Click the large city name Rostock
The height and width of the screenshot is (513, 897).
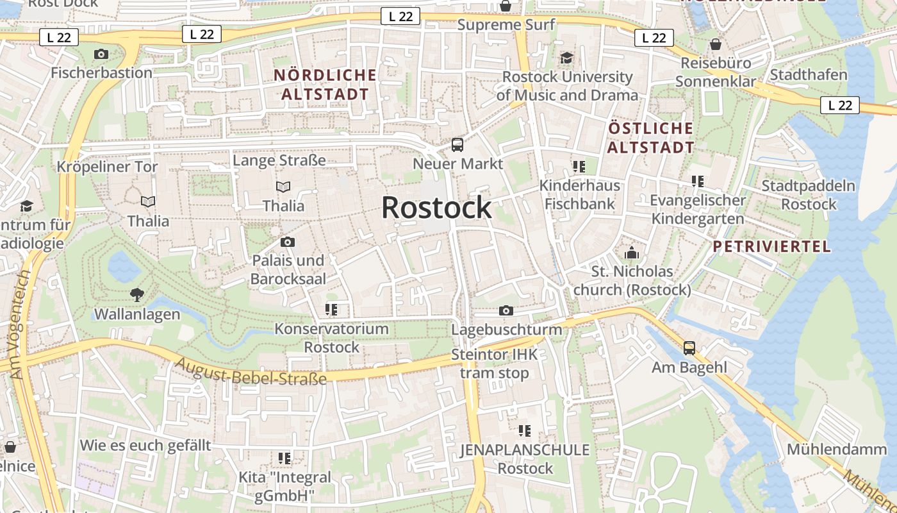tap(436, 208)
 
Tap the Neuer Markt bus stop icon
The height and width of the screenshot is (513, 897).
tap(457, 145)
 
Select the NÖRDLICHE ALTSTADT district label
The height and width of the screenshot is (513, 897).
tap(325, 85)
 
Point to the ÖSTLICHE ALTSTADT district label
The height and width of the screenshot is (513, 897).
tap(650, 138)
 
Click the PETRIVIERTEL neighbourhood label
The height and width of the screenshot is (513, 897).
tap(771, 246)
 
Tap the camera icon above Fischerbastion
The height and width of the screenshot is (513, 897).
tap(101, 54)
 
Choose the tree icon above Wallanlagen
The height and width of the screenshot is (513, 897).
tap(136, 295)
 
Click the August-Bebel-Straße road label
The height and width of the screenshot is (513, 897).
tap(251, 372)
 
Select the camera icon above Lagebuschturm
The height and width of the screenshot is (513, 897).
tap(506, 311)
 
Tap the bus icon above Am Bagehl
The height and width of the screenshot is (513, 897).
tap(689, 348)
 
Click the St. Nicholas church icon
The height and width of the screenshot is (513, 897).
tap(632, 253)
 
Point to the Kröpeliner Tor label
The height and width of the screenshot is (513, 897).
tap(107, 167)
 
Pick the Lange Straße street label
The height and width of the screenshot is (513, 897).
tap(279, 160)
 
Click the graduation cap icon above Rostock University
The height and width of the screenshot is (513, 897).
tap(567, 58)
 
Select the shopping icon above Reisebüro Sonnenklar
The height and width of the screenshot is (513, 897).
tap(715, 44)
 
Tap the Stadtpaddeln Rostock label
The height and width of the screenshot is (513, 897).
tap(809, 195)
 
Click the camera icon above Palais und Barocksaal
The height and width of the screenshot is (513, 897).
tap(288, 242)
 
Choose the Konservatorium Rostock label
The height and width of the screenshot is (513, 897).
tap(332, 338)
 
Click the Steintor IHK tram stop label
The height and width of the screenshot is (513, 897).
tap(495, 364)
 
